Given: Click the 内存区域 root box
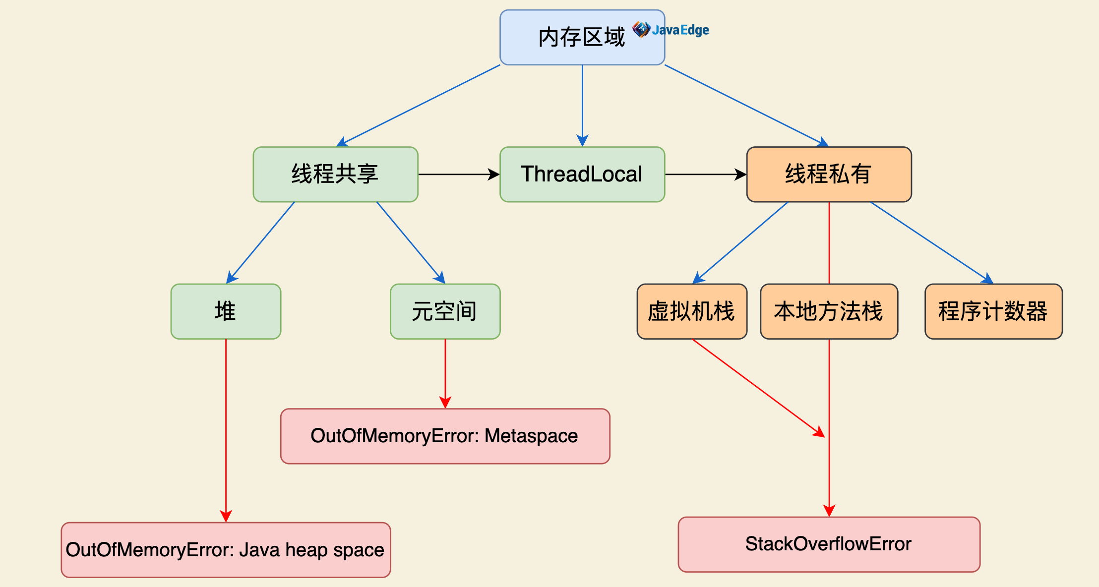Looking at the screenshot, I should [x=582, y=38].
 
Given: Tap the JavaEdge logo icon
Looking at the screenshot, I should [x=641, y=30].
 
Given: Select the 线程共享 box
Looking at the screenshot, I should [x=335, y=175].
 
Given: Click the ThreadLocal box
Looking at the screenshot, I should [x=582, y=175].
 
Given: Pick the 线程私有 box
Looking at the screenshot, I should [x=829, y=175].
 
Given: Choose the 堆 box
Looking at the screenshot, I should [x=226, y=312].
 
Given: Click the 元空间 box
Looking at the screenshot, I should [x=445, y=312].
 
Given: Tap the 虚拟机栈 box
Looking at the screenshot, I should [x=692, y=312].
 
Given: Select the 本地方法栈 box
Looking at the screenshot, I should [x=829, y=312].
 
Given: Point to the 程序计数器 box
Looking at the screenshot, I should [x=993, y=312].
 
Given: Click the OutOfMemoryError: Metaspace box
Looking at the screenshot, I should [x=445, y=436].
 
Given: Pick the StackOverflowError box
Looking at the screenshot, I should [x=829, y=544].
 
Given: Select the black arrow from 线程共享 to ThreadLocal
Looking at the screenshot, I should [x=459, y=175].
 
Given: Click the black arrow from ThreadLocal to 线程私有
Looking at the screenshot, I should [x=705, y=175].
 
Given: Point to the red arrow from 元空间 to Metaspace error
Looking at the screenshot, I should [x=445, y=374].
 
